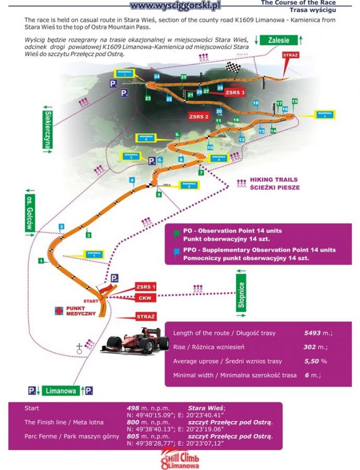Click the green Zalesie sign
(x=279, y=40)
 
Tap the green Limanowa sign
(x=61, y=390)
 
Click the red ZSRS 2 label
(x=199, y=117)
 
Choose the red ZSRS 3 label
(x=235, y=93)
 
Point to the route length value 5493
(x=313, y=333)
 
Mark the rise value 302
(x=309, y=347)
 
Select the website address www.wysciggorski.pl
(x=175, y=6)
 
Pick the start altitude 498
(x=133, y=408)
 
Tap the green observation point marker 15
(x=295, y=101)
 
